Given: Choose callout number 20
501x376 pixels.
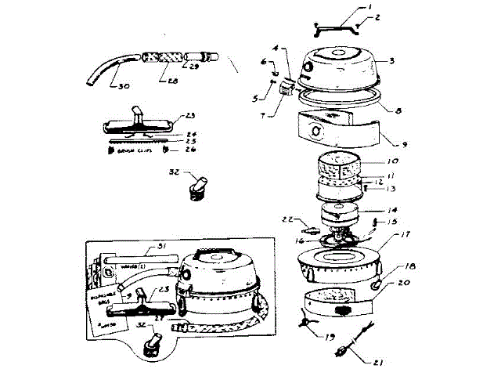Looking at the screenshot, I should click(404, 284).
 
